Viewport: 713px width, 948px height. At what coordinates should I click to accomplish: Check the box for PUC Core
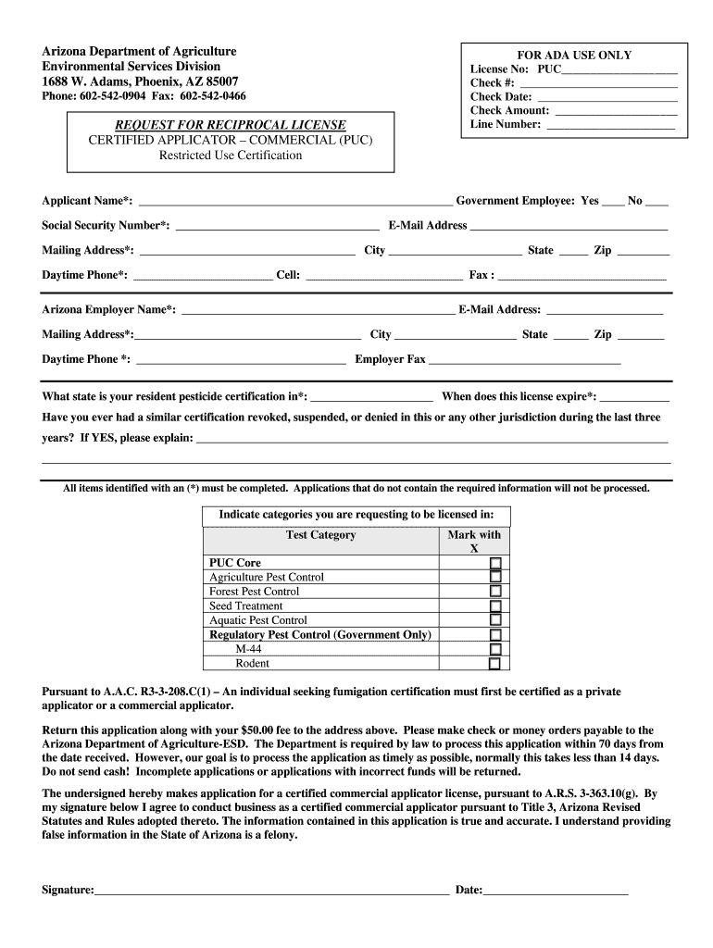click(x=495, y=563)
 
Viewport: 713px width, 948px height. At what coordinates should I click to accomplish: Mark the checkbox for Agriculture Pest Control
click(x=495, y=577)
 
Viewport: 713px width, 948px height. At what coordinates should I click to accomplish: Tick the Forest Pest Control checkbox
click(x=495, y=592)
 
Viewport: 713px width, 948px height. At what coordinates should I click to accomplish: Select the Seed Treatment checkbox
click(x=495, y=605)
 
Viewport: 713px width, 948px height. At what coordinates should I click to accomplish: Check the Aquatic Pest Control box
click(x=495, y=620)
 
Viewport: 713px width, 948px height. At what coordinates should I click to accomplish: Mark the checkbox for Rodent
click(x=495, y=664)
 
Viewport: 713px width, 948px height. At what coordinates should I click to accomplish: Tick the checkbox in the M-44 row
click(x=495, y=649)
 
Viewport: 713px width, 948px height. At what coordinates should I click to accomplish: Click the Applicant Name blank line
click(x=294, y=201)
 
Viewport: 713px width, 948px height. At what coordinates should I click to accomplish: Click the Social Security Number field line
click(x=277, y=226)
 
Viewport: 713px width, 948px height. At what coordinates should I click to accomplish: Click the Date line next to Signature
click(x=556, y=891)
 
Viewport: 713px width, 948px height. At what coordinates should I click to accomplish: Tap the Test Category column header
click(x=320, y=535)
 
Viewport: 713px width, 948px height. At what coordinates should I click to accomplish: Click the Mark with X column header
click(x=474, y=542)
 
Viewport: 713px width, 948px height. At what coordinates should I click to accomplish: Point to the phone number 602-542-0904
click(x=113, y=96)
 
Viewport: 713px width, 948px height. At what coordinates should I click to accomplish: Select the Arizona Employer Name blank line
click(x=318, y=310)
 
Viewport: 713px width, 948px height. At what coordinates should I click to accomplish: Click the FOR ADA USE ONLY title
click(x=575, y=56)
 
